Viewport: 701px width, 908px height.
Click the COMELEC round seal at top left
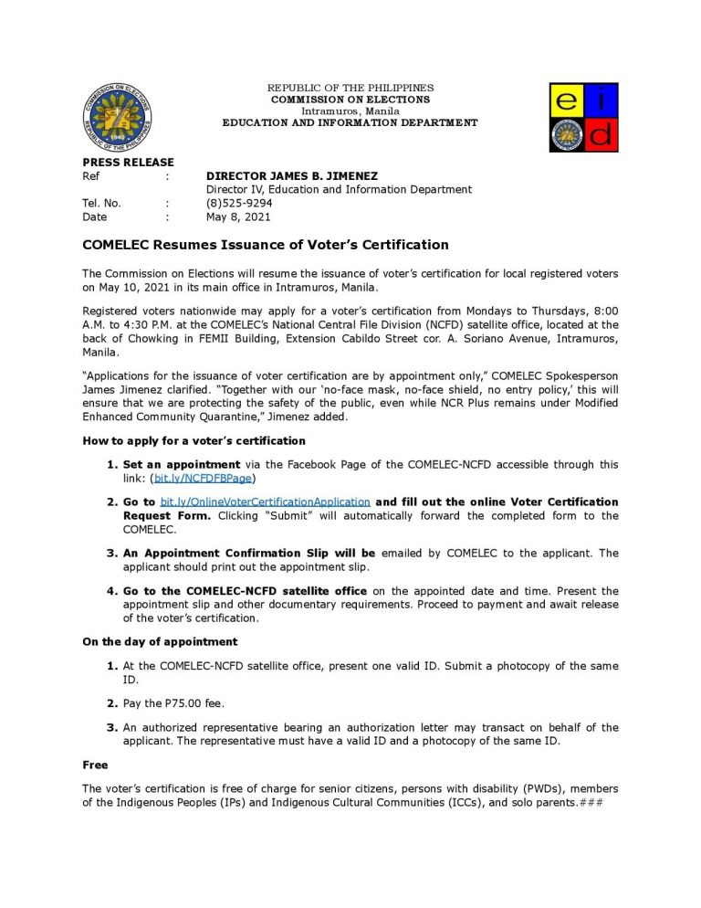point(116,116)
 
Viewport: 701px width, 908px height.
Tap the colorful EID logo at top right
point(583,117)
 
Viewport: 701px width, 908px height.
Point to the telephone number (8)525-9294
point(239,203)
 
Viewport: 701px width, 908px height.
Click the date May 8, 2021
point(238,216)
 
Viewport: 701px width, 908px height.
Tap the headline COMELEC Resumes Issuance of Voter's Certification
point(266,245)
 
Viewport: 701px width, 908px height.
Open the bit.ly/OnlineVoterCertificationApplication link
point(265,502)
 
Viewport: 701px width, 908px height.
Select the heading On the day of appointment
point(160,641)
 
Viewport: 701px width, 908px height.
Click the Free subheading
point(95,765)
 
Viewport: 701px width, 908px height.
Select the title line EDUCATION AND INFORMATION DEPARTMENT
point(350,122)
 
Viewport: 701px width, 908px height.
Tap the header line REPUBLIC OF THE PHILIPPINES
point(350,88)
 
